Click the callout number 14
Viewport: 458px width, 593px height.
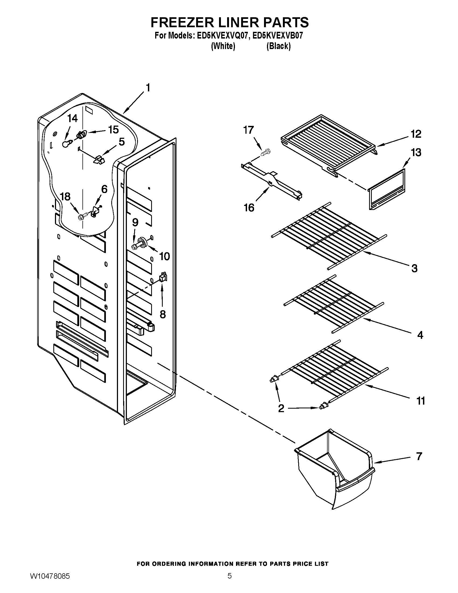(72, 118)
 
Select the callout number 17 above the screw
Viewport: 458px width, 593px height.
(249, 130)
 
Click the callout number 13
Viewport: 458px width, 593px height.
(416, 152)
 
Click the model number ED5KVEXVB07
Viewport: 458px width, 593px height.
(277, 36)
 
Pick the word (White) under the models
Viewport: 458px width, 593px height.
(223, 46)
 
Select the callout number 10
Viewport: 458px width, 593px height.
(164, 256)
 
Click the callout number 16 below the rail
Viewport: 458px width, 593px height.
(249, 208)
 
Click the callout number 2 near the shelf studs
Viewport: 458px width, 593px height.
(281, 416)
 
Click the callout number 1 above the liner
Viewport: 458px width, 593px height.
(148, 88)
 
